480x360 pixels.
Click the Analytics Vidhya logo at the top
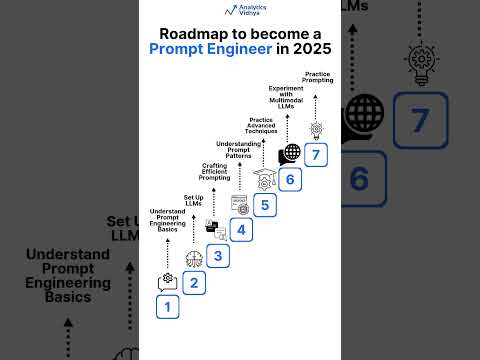pos(240,11)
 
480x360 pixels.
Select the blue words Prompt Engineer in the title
pos(209,49)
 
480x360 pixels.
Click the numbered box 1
pos(168,307)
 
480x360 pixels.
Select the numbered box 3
pos(218,255)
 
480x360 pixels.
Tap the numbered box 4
pos(242,229)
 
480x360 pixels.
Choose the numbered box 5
pos(265,205)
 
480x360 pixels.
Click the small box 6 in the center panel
pos(291,180)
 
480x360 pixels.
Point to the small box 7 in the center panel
pos(316,155)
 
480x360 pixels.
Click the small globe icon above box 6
pos(290,153)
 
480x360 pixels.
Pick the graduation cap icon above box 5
pos(265,178)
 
